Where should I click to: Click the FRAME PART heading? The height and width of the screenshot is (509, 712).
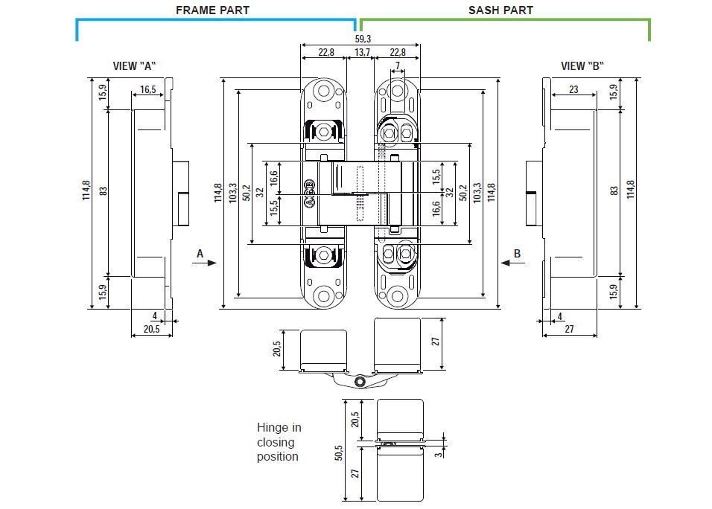point(212,10)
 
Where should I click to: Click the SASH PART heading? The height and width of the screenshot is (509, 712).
point(500,10)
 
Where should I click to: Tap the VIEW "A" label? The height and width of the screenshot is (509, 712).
point(134,66)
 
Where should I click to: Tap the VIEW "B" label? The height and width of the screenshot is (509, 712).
point(582,66)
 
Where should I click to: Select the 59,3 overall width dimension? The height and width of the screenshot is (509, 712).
point(363,39)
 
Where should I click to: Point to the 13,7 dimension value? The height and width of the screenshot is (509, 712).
point(363,53)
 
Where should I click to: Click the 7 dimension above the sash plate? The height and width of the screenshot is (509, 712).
point(398,66)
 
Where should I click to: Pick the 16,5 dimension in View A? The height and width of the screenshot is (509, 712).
point(147,91)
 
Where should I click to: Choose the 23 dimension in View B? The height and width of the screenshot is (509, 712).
point(573,89)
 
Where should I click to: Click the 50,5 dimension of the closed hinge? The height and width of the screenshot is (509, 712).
point(338,452)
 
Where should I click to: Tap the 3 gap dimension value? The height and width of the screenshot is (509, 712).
point(439,452)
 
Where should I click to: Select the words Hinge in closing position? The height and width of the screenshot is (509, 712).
point(279,442)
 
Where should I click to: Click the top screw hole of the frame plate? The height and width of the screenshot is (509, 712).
point(323,92)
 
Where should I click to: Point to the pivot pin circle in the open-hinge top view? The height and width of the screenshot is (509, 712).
point(360,382)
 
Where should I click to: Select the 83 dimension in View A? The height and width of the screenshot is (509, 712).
point(104,191)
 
